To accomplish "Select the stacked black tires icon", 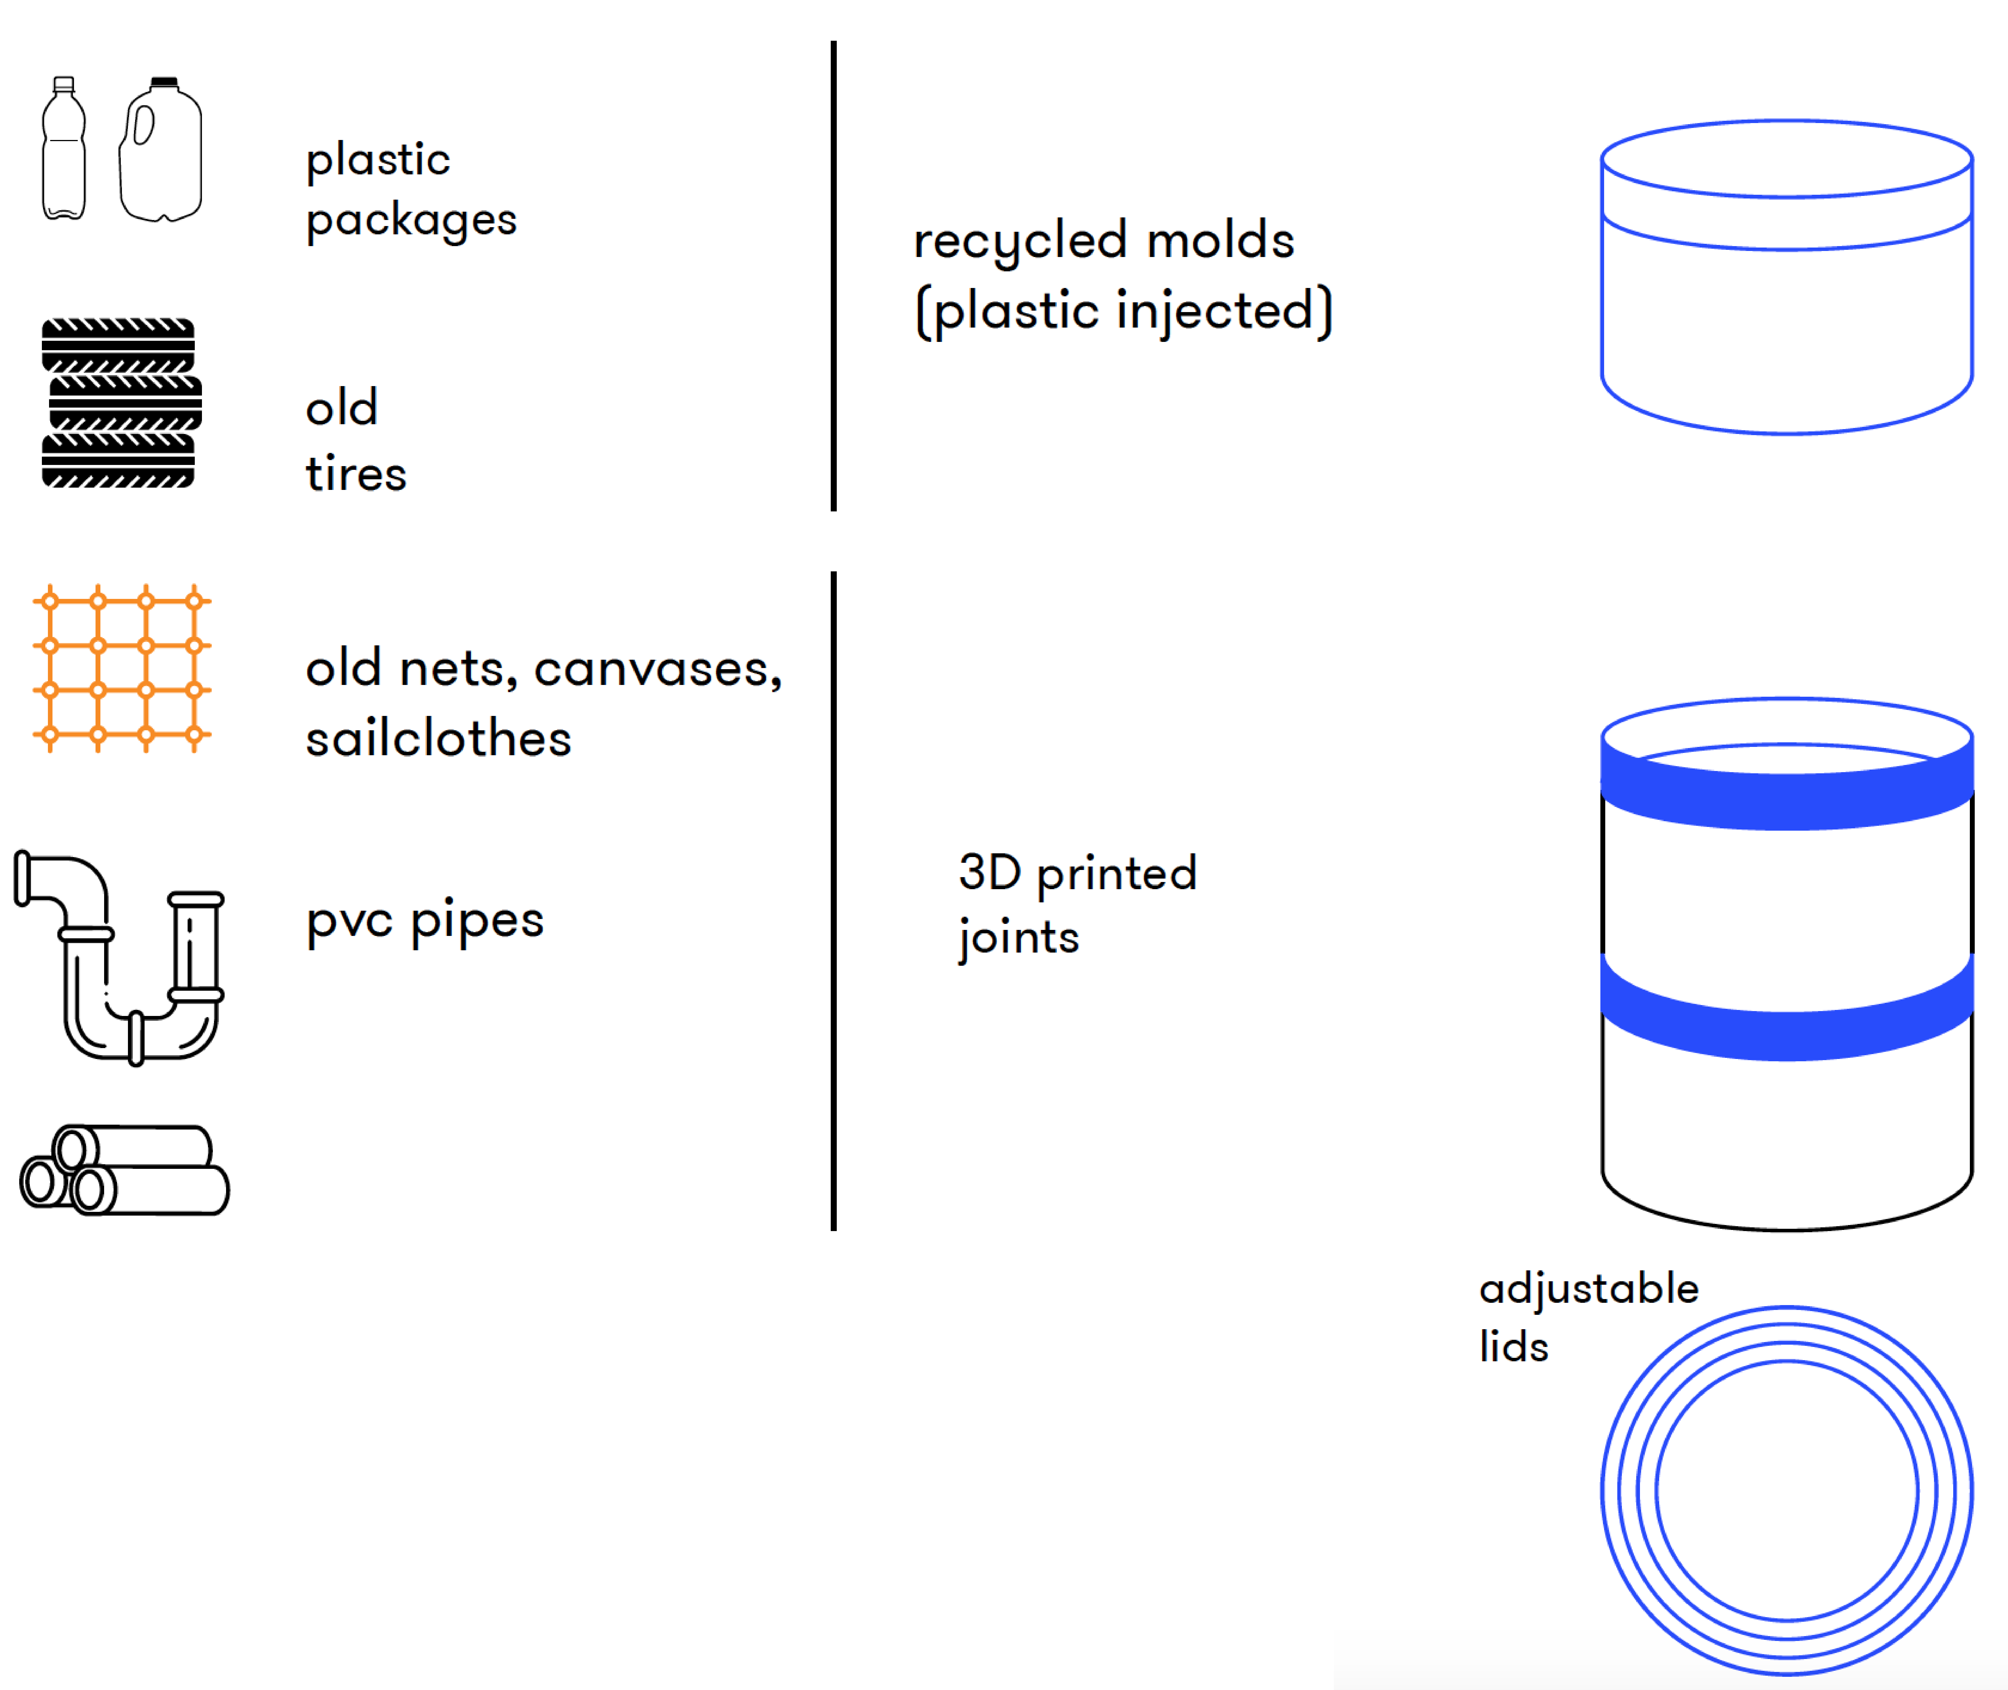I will pos(120,402).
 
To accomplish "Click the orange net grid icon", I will pos(122,668).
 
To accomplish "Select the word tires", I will pos(355,473).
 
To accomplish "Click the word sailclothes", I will pos(438,739).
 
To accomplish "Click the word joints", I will pos(1018,937).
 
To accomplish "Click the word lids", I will pos(1514,1346).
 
